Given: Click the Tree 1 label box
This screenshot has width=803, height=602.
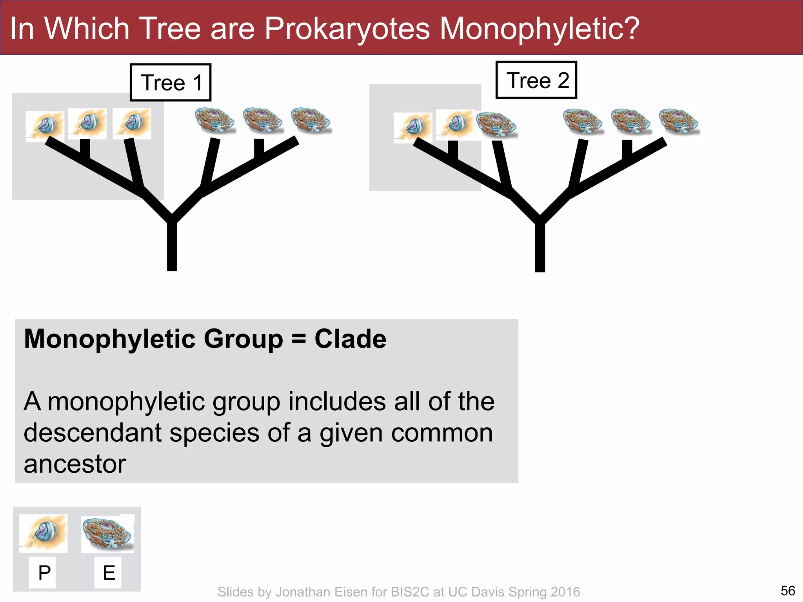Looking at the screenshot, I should [171, 82].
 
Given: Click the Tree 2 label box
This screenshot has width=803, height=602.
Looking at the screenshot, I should [536, 80].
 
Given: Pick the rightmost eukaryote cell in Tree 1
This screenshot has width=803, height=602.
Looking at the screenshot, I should [311, 121].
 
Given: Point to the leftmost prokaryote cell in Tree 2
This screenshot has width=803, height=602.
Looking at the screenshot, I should [412, 127].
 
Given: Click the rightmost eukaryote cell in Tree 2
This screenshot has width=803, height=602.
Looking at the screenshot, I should [679, 121].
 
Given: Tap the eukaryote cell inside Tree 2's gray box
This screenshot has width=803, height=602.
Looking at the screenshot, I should [496, 125].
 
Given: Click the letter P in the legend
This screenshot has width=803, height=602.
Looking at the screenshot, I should [44, 573].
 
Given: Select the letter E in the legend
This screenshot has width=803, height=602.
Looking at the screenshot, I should [109, 573].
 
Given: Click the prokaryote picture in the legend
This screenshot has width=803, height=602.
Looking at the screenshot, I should [43, 533].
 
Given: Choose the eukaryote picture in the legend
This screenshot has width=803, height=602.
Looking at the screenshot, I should [107, 533].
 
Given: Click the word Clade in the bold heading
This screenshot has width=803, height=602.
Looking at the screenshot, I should [350, 339].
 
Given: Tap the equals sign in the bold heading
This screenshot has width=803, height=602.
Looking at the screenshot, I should [299, 339].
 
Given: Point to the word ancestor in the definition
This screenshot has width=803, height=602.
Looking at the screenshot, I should [75, 464].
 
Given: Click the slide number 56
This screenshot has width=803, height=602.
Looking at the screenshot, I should [788, 591].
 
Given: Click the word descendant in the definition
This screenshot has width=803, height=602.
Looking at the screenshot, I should [93, 433].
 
